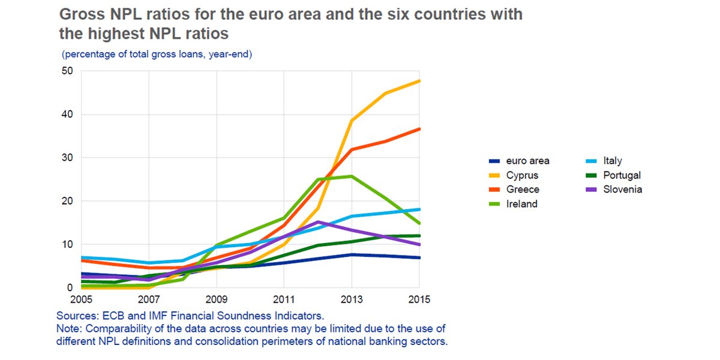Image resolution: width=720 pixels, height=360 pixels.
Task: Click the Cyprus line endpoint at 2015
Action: coord(419,81)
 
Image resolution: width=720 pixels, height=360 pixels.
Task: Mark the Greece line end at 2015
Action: coord(419,129)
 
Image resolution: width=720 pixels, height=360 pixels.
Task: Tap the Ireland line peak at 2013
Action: coord(351,176)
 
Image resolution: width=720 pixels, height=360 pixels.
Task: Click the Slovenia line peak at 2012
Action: coord(317,222)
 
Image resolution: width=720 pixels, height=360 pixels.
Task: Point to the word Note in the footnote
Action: coord(68,328)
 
